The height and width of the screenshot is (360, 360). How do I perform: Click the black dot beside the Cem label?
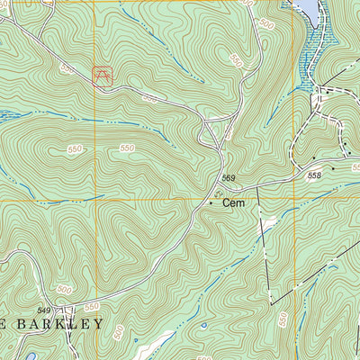212,203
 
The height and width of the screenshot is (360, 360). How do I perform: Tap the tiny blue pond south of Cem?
203,325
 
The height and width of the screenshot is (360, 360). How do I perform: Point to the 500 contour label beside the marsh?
266,25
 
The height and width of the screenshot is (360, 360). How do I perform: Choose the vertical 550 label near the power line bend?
283,319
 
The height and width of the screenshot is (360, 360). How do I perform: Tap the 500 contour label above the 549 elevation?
63,290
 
